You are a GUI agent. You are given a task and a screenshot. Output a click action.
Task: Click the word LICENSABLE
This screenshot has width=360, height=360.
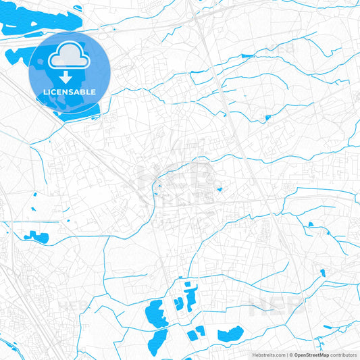pos(70,92)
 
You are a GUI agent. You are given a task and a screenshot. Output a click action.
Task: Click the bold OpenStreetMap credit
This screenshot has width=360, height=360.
pos(311,354)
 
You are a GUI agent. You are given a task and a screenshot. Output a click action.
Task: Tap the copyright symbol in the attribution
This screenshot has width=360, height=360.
pos(291,354)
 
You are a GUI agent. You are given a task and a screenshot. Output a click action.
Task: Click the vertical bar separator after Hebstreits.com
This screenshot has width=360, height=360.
pos(287,354)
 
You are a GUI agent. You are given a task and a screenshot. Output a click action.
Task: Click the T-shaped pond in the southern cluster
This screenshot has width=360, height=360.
pos(188,297)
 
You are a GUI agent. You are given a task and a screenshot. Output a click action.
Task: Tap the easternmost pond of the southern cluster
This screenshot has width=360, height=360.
pos(231,333)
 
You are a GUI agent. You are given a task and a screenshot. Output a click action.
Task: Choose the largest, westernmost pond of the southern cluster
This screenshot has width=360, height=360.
pos(155,313)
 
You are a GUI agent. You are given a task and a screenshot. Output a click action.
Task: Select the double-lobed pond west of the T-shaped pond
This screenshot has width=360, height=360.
pos(178,305)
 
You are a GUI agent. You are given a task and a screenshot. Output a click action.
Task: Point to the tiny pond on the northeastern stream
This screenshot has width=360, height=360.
pos(268,119)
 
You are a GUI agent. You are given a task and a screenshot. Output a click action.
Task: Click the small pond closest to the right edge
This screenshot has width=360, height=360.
pos(322,272)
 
